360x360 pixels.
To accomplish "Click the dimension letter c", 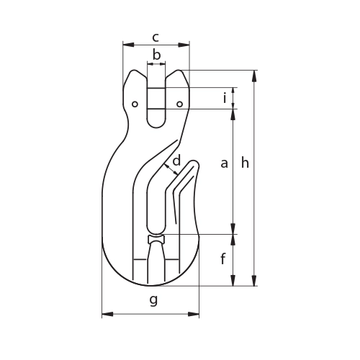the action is click(x=156, y=38).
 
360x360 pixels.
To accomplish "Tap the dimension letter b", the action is click(x=156, y=55).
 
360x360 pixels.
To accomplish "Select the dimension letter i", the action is click(x=225, y=98).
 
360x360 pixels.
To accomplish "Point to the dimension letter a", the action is click(x=224, y=163).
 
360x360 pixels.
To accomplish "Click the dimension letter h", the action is click(x=245, y=163).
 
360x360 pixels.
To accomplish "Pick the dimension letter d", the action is click(x=176, y=161).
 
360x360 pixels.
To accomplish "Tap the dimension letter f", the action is click(x=223, y=259).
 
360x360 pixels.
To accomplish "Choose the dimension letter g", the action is click(x=153, y=300).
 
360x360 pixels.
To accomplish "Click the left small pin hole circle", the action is click(x=135, y=104).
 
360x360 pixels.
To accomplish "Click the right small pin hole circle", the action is click(x=180, y=104).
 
